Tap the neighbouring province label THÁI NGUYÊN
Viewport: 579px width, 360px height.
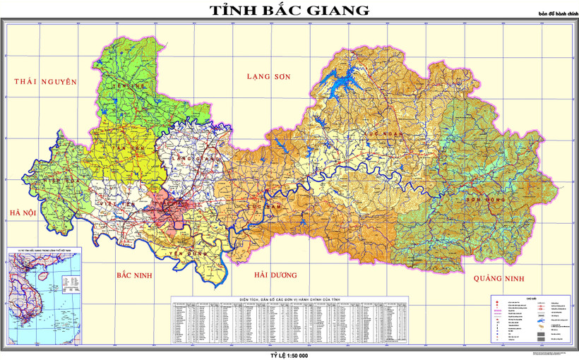tap(44, 82)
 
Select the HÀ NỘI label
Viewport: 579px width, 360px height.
tap(23, 212)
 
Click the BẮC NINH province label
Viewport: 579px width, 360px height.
tap(138, 273)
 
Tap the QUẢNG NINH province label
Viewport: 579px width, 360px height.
tap(499, 277)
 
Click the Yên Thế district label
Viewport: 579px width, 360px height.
tap(132, 85)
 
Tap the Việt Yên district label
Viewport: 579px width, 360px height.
tap(117, 205)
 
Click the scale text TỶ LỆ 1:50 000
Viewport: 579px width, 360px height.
tap(289, 354)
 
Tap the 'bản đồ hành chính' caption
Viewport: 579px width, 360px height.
tap(556, 13)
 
